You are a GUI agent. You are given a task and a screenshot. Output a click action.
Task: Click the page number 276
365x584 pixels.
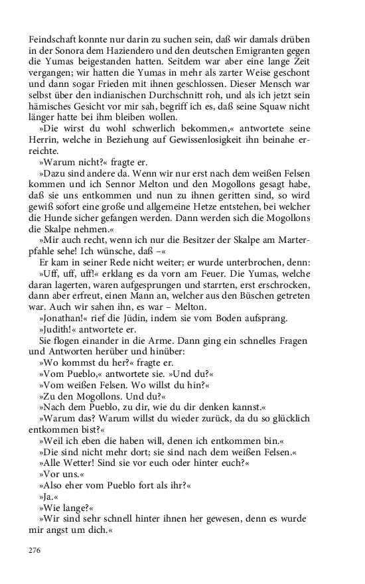click(35, 550)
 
